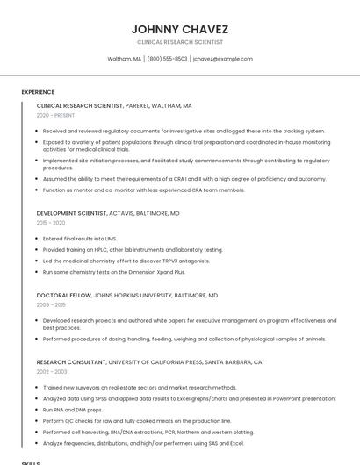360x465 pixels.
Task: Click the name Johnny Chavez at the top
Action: (x=179, y=29)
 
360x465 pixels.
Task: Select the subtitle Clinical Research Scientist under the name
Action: (x=179, y=42)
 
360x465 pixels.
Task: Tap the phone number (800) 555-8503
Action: (x=167, y=59)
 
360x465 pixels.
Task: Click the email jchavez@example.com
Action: (x=223, y=59)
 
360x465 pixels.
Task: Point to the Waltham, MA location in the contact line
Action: (x=124, y=59)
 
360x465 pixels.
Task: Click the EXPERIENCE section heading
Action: (x=38, y=92)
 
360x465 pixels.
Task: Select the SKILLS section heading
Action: (x=31, y=462)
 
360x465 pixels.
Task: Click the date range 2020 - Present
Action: (x=55, y=115)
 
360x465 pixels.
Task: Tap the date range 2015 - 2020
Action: (x=51, y=223)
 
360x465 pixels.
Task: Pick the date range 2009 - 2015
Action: (x=51, y=304)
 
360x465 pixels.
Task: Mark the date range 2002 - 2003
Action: (x=51, y=372)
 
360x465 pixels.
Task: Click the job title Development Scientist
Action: (x=71, y=213)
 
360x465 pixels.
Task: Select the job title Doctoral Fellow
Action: (x=63, y=296)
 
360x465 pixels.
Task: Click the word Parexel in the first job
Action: (x=139, y=105)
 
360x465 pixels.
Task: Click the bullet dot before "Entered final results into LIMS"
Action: (x=38, y=239)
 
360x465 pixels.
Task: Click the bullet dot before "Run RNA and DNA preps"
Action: (x=38, y=410)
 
